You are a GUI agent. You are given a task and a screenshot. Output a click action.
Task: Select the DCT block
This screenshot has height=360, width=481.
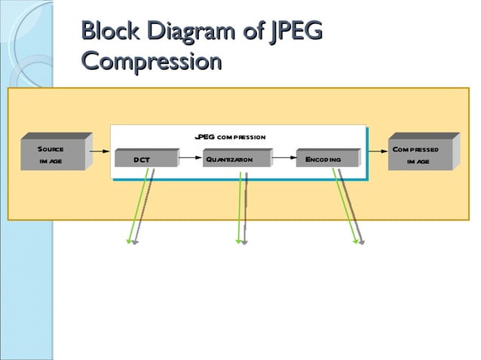[x=143, y=160]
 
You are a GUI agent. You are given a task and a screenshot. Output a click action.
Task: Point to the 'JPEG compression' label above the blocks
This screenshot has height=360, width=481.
[x=229, y=137]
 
